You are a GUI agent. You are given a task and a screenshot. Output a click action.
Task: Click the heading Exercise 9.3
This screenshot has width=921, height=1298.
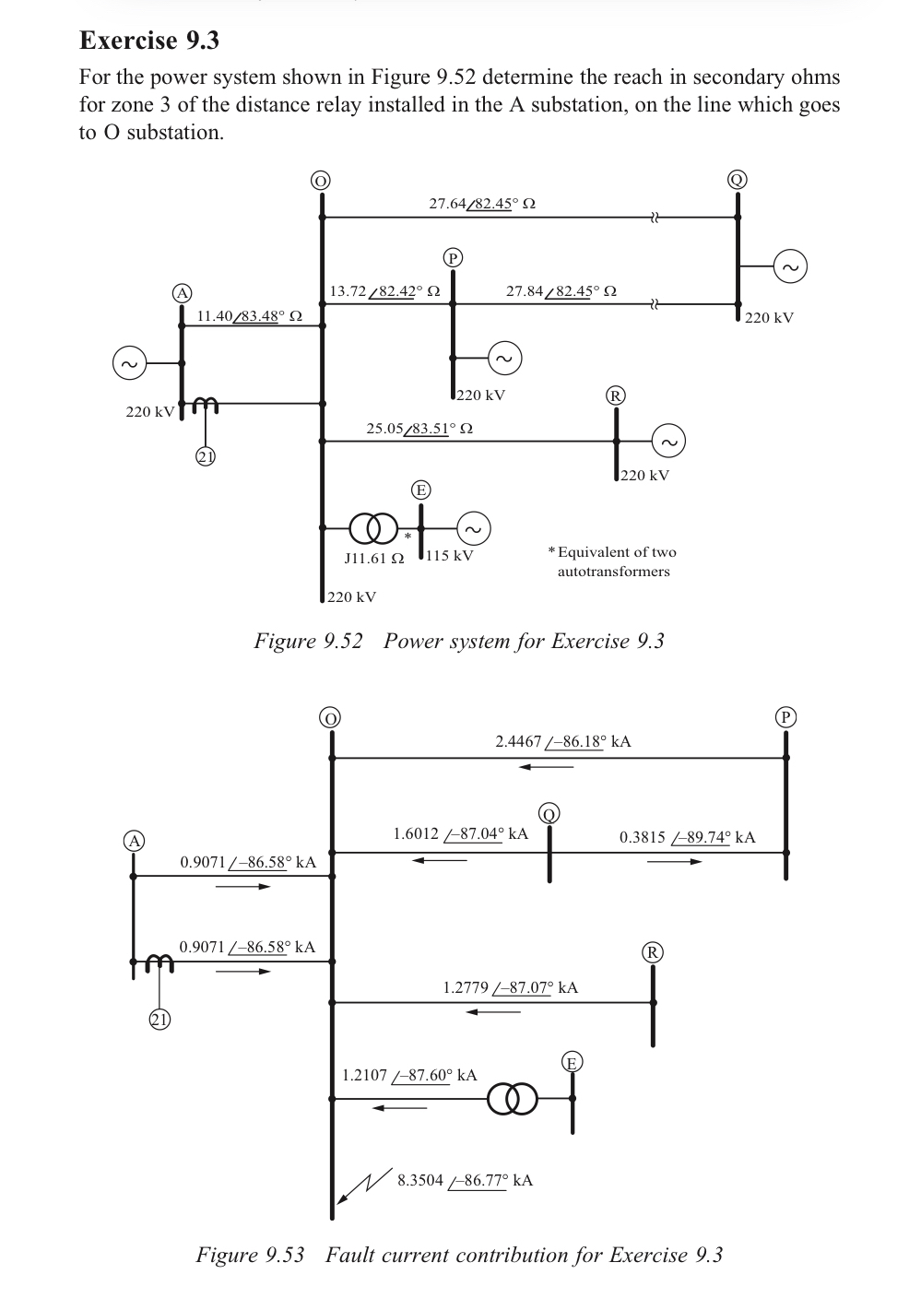149,41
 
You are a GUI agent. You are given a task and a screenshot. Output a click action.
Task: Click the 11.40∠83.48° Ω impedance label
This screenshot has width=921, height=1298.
249,316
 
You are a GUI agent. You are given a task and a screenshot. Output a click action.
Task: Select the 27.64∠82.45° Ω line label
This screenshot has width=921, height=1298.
482,203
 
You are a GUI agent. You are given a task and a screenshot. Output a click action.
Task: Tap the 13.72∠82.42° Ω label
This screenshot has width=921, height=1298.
384,291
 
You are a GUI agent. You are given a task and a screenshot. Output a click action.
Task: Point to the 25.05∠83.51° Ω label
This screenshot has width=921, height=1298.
419,429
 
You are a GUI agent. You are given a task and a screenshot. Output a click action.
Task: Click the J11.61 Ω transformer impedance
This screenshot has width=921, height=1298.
373,559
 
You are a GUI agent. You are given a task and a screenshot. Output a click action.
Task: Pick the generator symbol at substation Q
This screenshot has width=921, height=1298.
790,266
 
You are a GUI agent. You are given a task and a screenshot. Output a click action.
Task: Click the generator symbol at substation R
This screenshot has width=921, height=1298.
668,442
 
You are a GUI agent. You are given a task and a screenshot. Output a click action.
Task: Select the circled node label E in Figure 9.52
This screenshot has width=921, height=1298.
419,490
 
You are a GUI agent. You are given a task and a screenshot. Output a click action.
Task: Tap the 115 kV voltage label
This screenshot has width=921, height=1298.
450,556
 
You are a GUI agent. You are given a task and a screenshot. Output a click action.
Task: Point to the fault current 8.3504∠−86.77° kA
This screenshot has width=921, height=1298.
465,1181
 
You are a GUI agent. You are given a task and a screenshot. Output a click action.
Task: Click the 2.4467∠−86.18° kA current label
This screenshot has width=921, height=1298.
562,741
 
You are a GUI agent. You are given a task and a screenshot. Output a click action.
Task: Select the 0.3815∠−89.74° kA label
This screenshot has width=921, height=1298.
687,837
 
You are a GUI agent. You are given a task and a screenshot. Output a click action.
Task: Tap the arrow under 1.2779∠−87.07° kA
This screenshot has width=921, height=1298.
492,1011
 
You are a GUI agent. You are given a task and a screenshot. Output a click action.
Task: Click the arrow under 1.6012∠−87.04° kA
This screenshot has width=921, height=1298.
439,861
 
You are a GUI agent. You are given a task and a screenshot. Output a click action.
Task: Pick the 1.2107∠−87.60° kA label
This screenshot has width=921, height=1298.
409,1075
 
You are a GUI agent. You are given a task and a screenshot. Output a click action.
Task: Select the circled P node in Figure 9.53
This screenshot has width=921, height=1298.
785,716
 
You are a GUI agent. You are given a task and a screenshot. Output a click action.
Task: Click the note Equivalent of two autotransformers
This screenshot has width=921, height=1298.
612,561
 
